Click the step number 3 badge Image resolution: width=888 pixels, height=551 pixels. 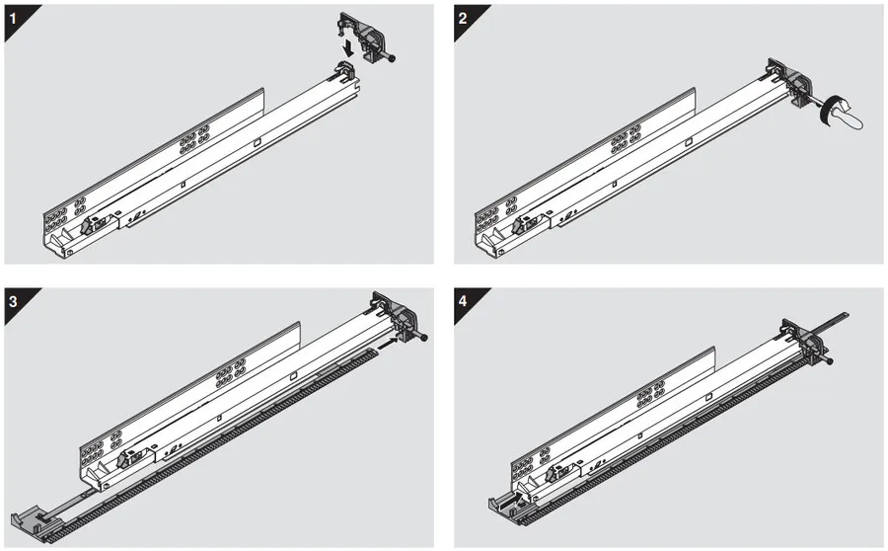pyautogui.click(x=14, y=301)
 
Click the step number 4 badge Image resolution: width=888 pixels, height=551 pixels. pyautogui.click(x=464, y=301)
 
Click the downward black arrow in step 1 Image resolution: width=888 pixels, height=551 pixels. pyautogui.click(x=350, y=46)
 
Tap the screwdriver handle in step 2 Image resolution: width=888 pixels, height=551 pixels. pyautogui.click(x=849, y=114)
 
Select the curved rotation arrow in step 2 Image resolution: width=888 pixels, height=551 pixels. pyautogui.click(x=828, y=112)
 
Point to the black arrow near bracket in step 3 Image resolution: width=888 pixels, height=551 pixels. pyautogui.click(x=388, y=343)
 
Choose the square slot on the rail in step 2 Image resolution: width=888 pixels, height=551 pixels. pyautogui.click(x=689, y=142)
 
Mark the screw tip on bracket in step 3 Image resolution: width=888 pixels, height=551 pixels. pyautogui.click(x=423, y=339)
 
